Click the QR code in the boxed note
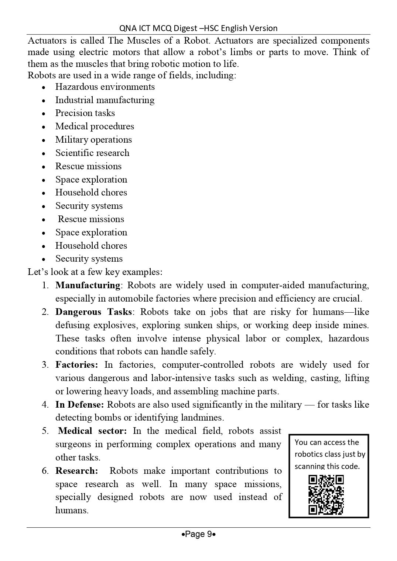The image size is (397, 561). pos(326,495)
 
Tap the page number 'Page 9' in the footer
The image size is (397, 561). pos(199,534)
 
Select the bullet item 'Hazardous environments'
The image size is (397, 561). pos(105,87)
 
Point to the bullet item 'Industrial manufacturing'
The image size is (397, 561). pos(105,100)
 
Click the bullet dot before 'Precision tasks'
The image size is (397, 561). pos(44,114)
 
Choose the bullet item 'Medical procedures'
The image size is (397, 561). pos(95,126)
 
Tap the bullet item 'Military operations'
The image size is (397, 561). pos(93,140)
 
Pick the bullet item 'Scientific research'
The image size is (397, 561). pos(92,153)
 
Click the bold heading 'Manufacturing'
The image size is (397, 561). pos(88,285)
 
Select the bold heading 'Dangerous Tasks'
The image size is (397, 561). pos(93,312)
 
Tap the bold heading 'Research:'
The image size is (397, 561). pos(77,471)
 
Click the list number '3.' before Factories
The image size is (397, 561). pos(45,365)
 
